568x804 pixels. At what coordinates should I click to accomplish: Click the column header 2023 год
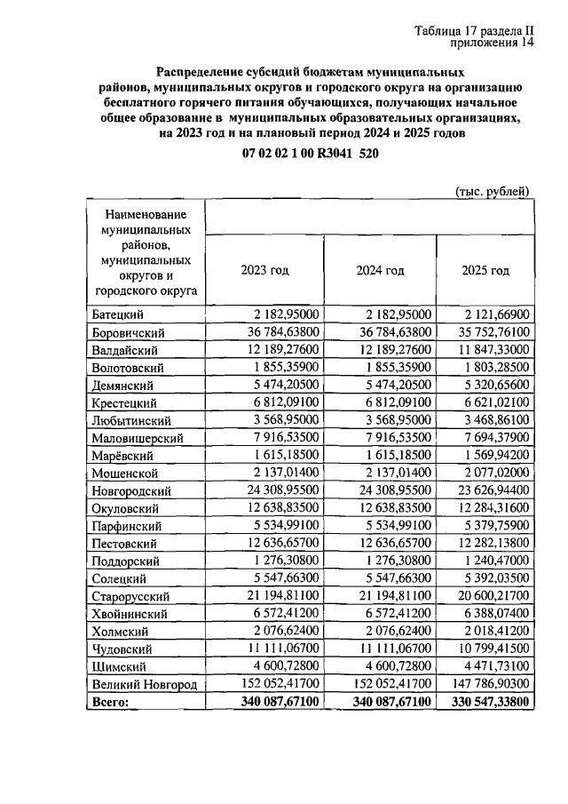tap(265, 271)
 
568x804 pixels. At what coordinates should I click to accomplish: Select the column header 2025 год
tap(485, 271)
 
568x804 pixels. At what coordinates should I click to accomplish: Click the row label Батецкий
tap(118, 315)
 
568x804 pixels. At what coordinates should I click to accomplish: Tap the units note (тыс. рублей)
tap(493, 192)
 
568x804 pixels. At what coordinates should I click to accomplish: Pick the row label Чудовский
tap(121, 649)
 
